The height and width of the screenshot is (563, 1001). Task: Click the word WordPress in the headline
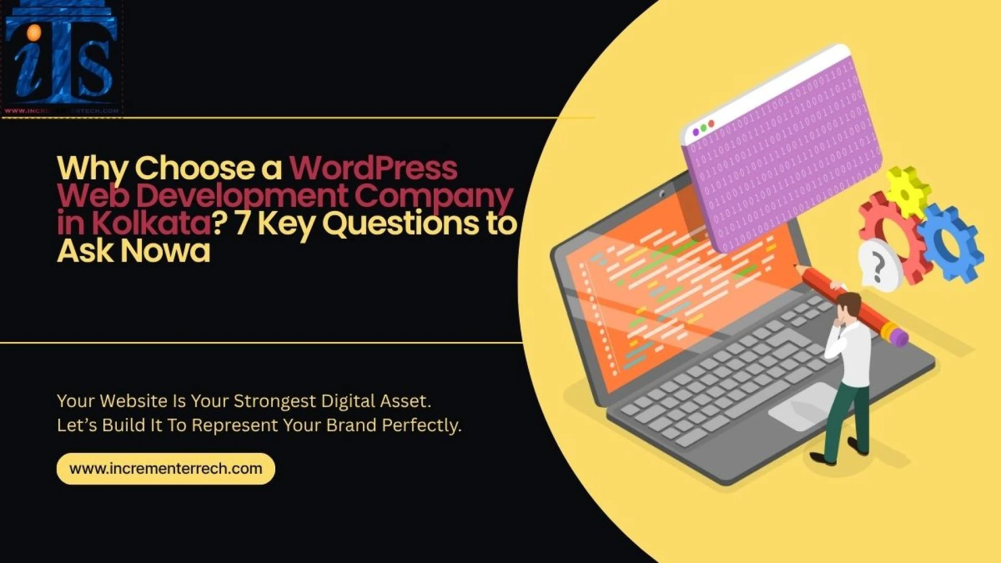coord(373,168)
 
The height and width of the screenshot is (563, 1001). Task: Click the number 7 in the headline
coord(242,223)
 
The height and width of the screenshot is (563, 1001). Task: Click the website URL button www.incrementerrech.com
coord(166,469)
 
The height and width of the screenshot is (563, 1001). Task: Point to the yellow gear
coord(908,192)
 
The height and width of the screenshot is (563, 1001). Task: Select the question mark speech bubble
coord(878,266)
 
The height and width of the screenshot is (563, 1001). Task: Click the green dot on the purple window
coord(703,127)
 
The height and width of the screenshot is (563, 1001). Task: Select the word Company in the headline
coord(434,195)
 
